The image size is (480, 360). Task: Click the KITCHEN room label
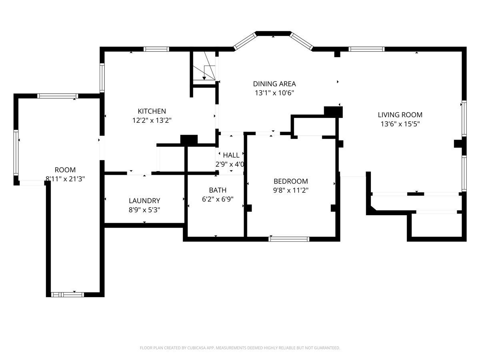coord(152,111)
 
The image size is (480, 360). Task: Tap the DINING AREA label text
coord(274,84)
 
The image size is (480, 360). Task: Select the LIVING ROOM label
coord(400,115)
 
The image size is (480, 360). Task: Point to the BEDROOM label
coord(291,181)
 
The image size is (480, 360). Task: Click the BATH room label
coord(218,190)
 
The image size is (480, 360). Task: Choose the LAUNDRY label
coord(144,201)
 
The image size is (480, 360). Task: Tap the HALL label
coord(231,155)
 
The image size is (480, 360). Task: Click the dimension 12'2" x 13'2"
coord(152,120)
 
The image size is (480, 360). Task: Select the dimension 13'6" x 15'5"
coord(400,124)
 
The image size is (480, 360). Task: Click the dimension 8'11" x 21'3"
coord(65,179)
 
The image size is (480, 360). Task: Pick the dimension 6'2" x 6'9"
coord(218,199)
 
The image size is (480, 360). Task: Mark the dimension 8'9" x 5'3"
coord(144,210)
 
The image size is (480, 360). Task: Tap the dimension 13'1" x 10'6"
coord(274,93)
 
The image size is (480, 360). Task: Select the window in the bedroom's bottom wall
coord(289,239)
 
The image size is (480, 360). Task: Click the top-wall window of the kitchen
coord(156,49)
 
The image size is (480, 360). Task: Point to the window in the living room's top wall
coord(366,49)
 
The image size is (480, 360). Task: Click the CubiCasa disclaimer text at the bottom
coord(240,348)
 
